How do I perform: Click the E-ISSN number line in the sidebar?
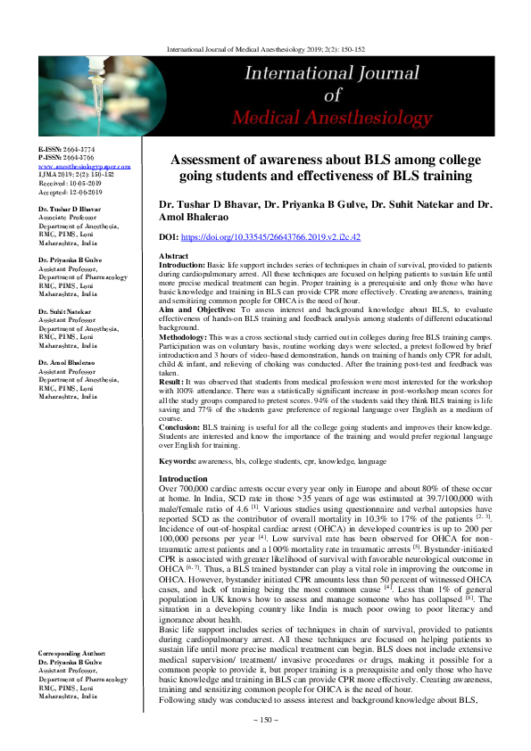click(68, 150)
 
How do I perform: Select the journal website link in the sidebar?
click(84, 166)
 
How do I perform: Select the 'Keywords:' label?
click(177, 461)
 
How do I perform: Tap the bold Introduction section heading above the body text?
click(182, 479)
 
